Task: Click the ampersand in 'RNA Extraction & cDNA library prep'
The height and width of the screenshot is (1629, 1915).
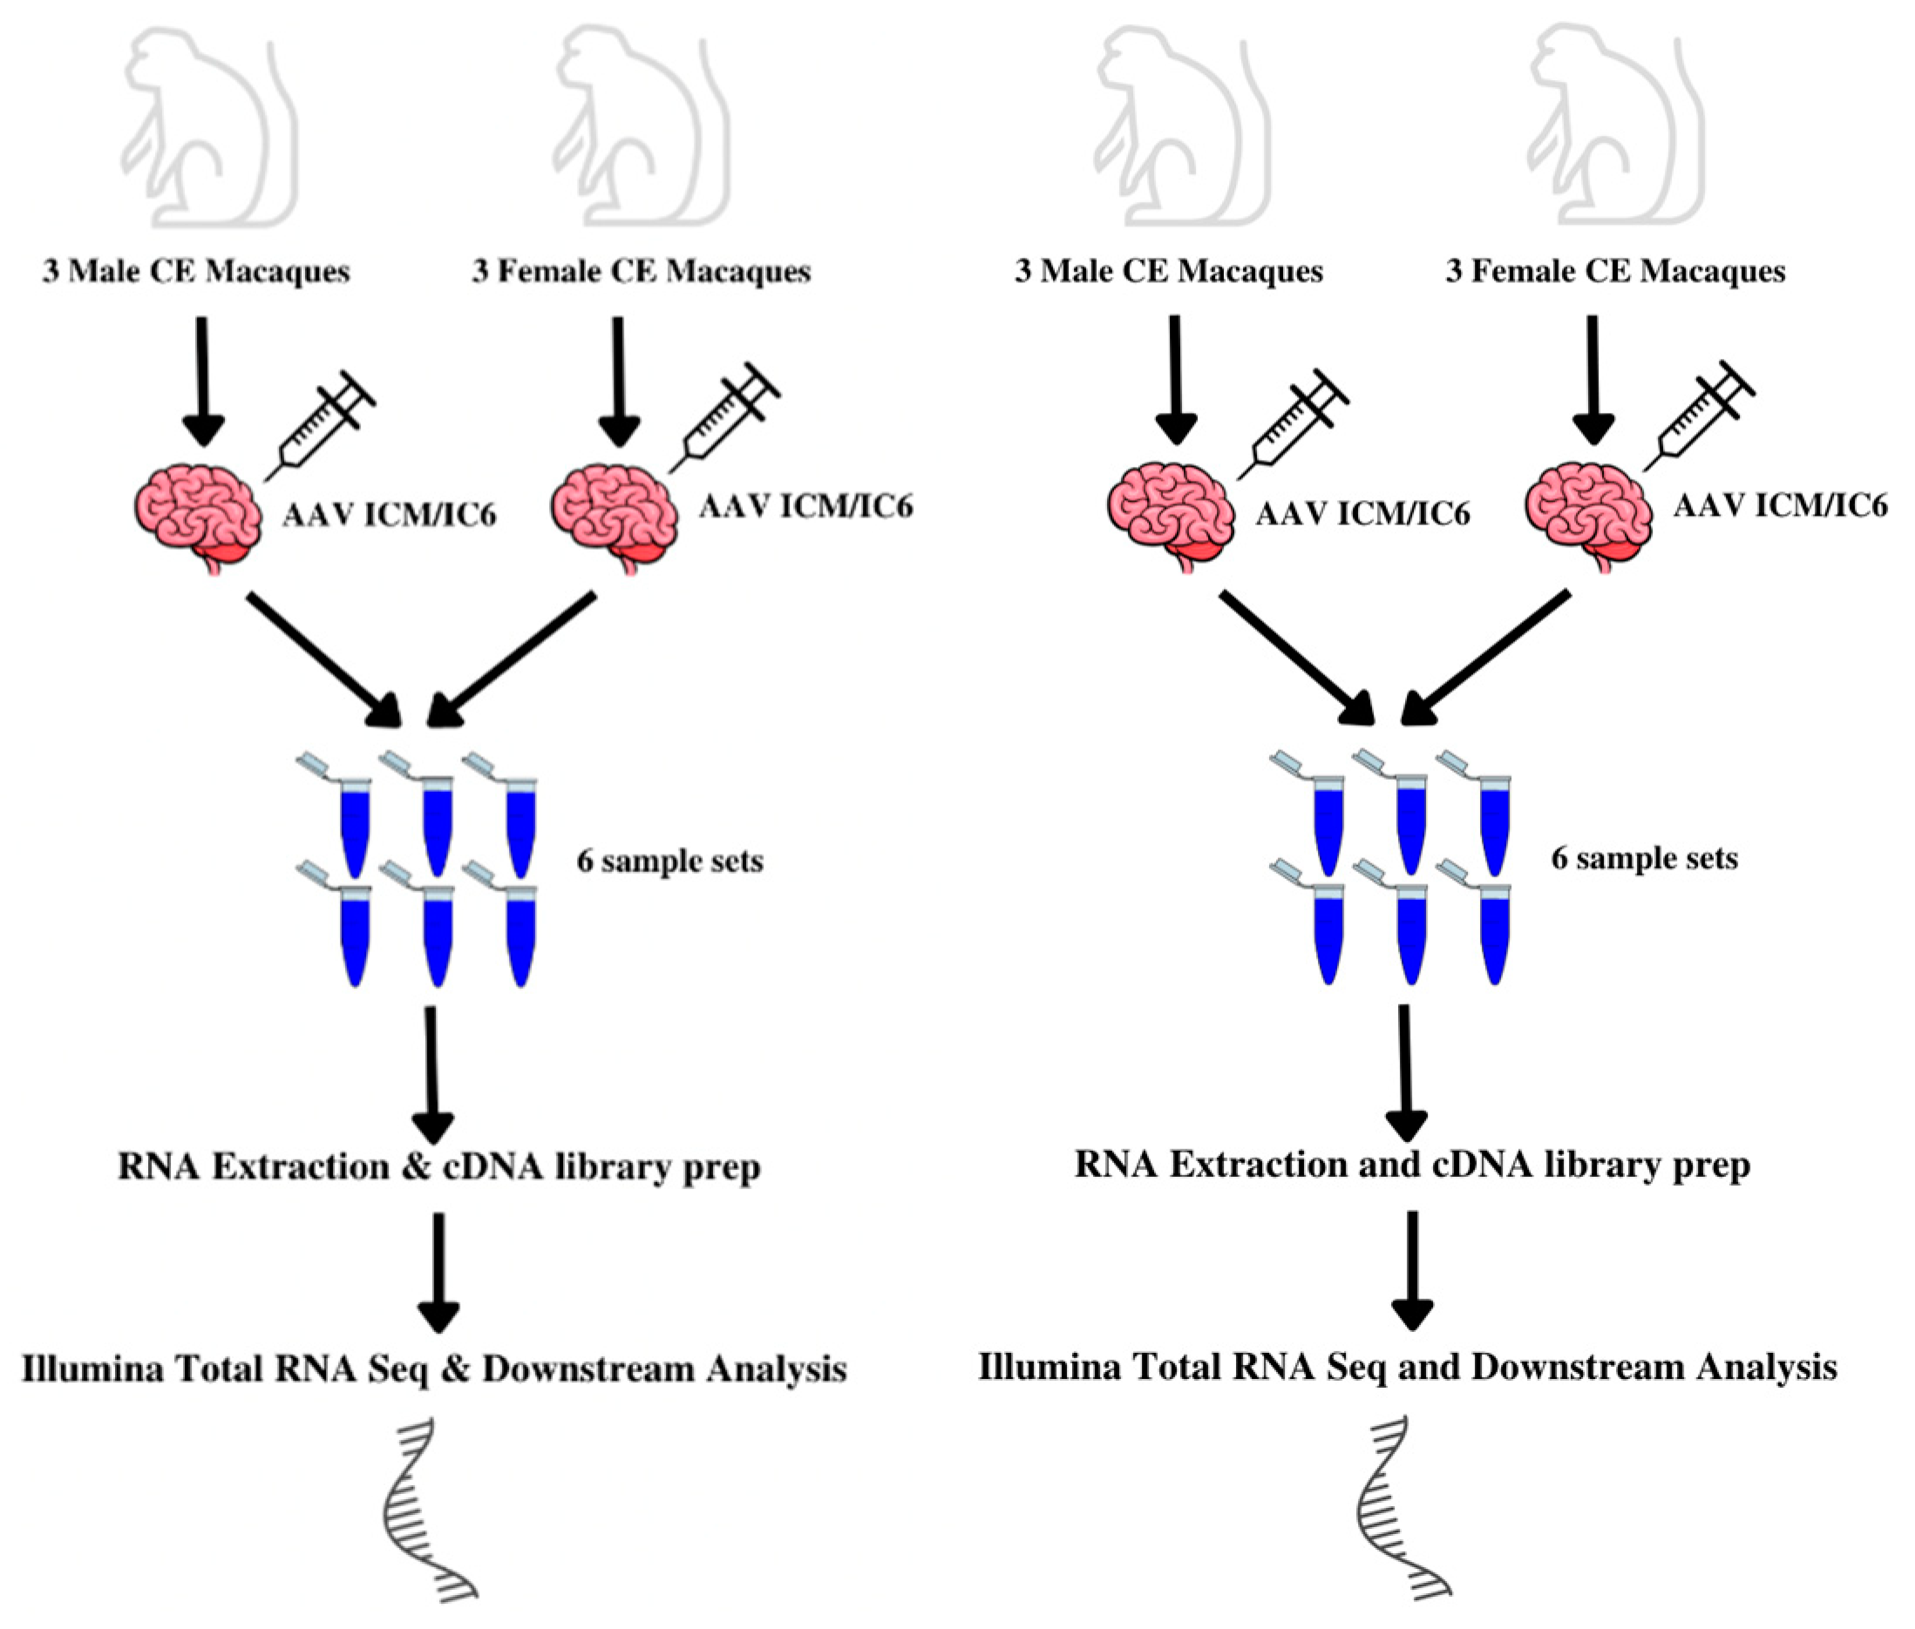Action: click(x=417, y=1166)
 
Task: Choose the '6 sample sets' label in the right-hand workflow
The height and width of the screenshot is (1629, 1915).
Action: click(x=1644, y=858)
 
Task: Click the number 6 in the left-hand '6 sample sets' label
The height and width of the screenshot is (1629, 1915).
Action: click(x=585, y=861)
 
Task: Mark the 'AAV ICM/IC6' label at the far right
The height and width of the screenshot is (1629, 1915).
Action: click(x=1780, y=505)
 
